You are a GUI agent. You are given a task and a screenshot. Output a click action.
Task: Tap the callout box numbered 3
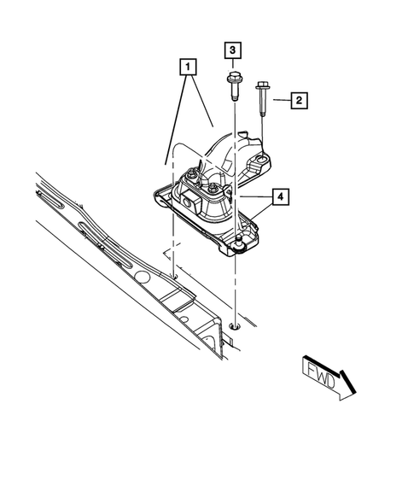233,50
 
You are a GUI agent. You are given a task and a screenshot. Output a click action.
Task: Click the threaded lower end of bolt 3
234,97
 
